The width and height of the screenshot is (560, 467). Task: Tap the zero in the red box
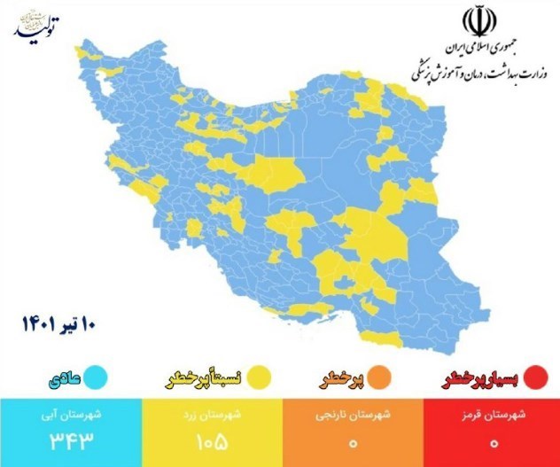pos(492,440)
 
